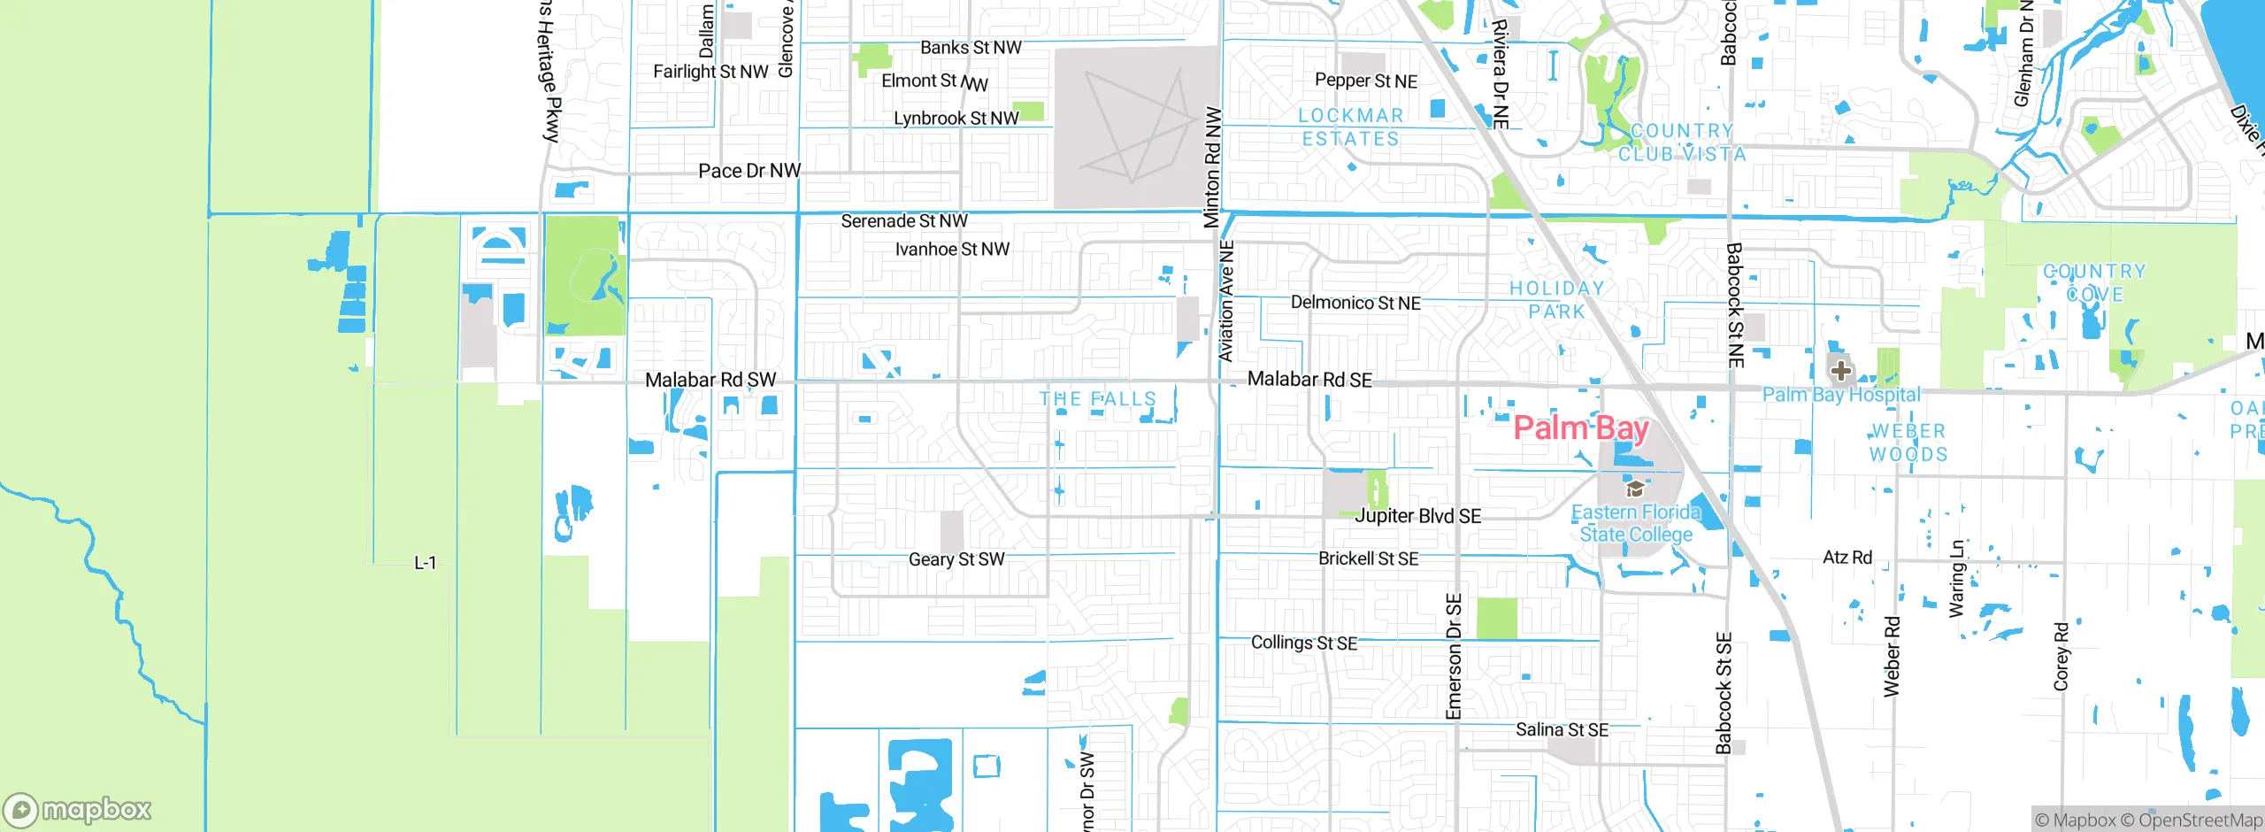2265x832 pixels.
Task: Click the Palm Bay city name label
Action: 1580,428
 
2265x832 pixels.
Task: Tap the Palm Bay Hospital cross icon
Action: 1841,370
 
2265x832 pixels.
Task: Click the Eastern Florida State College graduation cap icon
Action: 1635,489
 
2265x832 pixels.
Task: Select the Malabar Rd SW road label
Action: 710,380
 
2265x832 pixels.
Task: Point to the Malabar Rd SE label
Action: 1309,379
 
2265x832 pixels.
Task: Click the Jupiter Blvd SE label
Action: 1417,516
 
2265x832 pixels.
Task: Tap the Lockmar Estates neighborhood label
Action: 1350,127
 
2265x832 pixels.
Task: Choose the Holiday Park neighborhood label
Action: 1556,300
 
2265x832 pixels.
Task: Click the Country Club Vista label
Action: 1682,143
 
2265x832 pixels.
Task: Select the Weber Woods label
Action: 1908,443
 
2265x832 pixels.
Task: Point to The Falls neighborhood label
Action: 1097,399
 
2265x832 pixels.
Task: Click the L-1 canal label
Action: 426,563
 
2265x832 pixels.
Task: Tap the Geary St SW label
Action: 956,559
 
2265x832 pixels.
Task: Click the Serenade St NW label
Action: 903,220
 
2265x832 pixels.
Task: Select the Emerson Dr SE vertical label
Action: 1454,656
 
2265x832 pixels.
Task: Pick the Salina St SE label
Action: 1562,729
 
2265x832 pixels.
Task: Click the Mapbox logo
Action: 78,810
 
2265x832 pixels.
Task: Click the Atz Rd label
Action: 1847,557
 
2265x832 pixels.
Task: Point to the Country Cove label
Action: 2094,282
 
